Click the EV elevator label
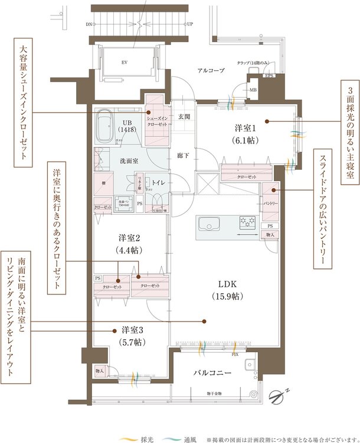[x=125, y=61]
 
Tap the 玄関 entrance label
[x=183, y=117]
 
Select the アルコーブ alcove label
[x=211, y=70]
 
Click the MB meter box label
[x=253, y=90]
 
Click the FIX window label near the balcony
[x=235, y=355]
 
